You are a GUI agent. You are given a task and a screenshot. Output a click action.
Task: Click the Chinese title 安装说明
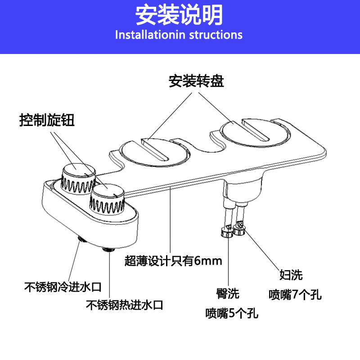180,15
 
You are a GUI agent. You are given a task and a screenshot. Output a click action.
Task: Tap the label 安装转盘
197,81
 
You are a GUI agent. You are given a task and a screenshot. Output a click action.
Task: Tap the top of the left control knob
78,171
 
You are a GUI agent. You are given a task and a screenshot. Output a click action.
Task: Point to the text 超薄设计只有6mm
173,261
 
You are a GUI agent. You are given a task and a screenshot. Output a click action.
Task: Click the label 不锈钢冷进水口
63,286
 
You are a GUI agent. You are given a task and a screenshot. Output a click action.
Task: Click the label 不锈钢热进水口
124,305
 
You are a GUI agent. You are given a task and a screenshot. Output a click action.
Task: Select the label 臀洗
228,295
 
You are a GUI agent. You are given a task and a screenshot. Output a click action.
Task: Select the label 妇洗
291,275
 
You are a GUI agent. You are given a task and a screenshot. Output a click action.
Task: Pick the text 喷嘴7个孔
295,294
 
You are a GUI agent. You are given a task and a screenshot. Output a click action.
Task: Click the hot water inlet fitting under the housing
108,249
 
